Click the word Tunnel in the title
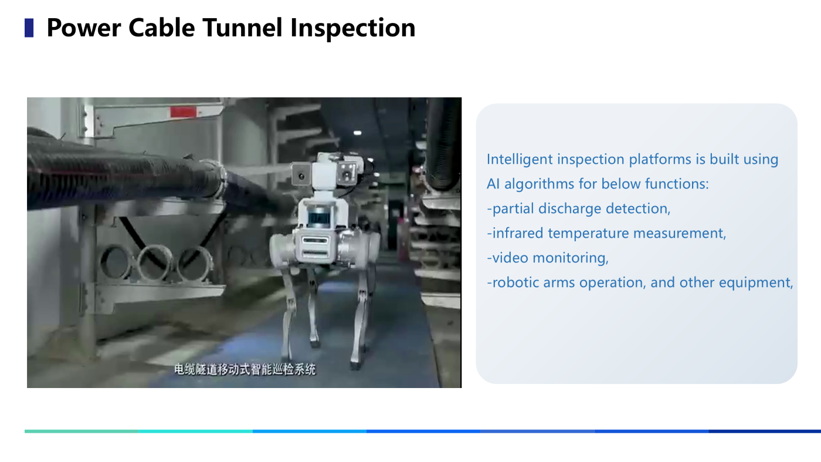[242, 28]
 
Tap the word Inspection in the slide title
[352, 28]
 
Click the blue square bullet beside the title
[29, 28]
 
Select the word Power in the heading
[84, 28]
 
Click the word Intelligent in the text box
[520, 160]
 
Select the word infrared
[517, 234]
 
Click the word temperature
[588, 234]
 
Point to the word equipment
[756, 283]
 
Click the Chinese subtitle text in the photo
[245, 369]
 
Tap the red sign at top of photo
[183, 112]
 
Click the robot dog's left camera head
[301, 175]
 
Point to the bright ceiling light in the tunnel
[357, 133]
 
